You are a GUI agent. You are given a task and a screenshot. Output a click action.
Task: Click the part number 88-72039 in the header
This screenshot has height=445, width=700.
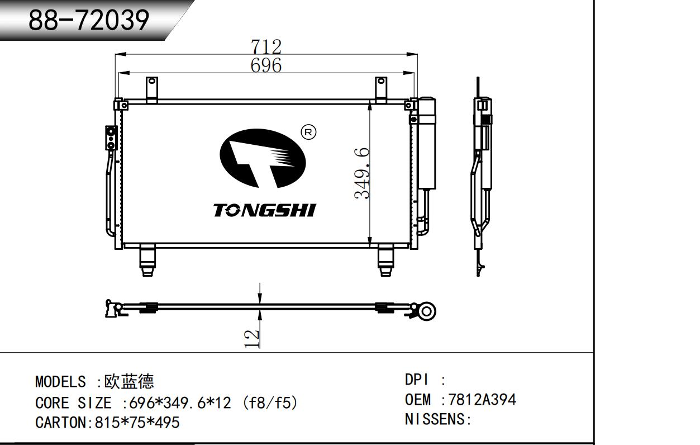click(x=88, y=20)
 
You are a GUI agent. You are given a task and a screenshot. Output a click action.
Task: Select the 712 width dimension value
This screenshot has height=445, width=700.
click(x=266, y=46)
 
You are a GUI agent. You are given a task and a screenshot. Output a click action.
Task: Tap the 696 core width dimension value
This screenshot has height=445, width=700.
click(x=266, y=65)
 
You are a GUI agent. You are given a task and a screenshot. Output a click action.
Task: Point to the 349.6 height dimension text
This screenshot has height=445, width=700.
click(x=362, y=173)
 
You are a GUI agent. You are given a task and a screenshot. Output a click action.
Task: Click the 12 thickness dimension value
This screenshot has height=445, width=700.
click(x=252, y=339)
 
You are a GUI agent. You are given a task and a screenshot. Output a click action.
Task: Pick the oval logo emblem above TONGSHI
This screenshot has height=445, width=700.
click(x=263, y=158)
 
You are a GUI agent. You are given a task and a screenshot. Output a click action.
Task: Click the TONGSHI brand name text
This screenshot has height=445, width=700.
click(x=264, y=210)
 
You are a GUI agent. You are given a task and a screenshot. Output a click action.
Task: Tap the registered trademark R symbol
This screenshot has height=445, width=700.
click(x=308, y=132)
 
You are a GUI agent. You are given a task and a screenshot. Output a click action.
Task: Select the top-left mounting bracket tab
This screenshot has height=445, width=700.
click(x=152, y=89)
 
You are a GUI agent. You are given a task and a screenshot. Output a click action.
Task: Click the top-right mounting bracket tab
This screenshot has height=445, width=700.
click(x=380, y=89)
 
